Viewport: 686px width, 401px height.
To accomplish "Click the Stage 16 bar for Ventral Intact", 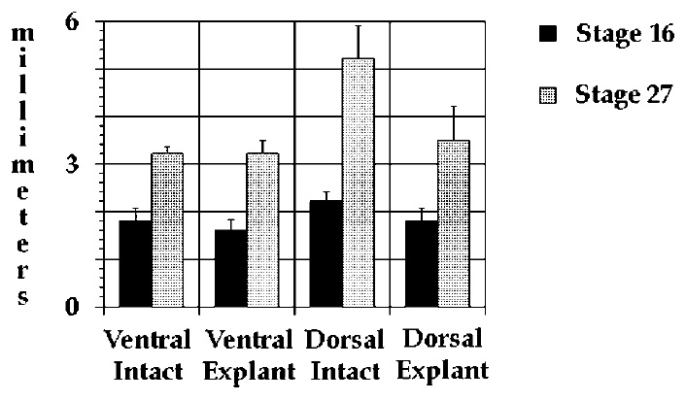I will (135, 264).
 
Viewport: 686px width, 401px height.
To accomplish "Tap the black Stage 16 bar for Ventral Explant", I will (230, 269).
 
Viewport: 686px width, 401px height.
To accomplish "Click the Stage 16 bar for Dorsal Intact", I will (326, 254).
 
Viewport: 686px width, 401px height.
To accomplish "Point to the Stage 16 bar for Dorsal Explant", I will (422, 264).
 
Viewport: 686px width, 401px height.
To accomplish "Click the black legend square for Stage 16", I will (549, 34).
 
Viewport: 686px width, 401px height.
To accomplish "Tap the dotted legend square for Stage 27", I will (549, 95).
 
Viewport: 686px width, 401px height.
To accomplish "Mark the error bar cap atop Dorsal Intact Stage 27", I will (358, 26).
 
